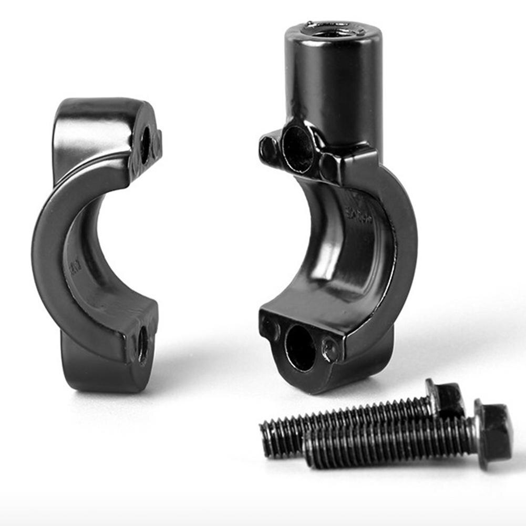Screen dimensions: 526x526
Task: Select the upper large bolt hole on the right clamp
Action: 298,148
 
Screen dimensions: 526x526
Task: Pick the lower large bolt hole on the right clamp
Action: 300,348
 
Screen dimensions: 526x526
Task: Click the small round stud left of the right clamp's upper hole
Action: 269,149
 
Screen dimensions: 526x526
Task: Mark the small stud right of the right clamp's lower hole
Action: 330,349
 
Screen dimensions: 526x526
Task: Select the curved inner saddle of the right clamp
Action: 336,263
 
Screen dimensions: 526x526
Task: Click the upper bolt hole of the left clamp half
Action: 145,145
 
